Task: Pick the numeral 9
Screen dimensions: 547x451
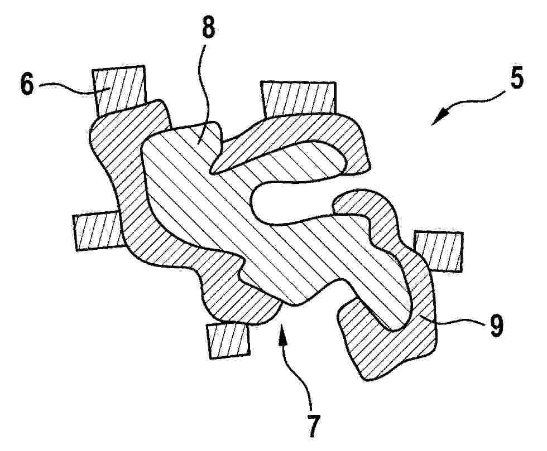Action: (496, 325)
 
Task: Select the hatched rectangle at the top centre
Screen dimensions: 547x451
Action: (298, 99)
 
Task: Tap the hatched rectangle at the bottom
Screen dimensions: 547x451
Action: (229, 341)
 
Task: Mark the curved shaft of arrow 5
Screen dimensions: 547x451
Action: (475, 101)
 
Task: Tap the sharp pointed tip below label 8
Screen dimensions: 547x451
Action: (212, 172)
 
